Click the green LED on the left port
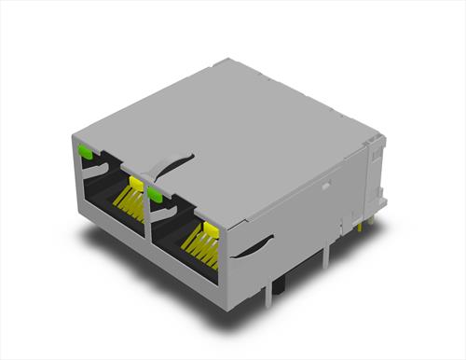(85, 149)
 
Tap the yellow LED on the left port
(136, 181)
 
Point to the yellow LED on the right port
(209, 229)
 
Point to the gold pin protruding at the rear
(362, 225)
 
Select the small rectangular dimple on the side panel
(327, 185)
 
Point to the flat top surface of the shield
(233, 131)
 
